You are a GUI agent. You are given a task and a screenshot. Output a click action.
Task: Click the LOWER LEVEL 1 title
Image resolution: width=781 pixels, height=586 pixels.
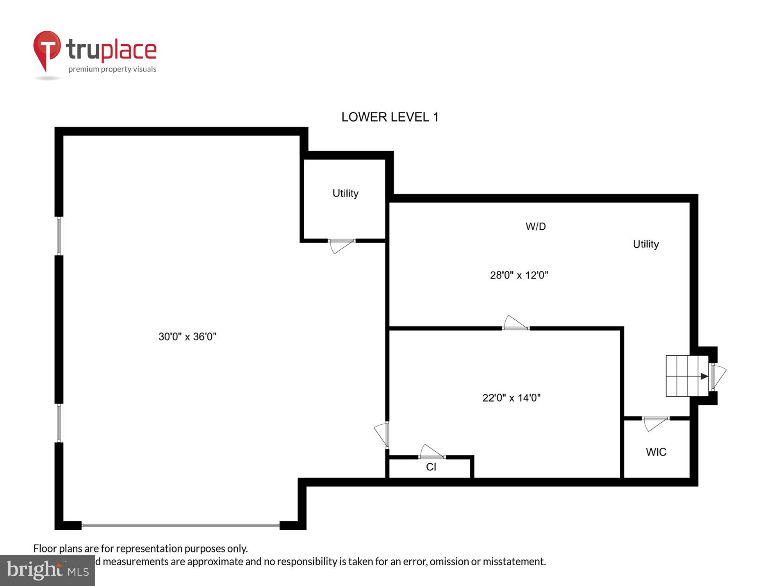click(390, 117)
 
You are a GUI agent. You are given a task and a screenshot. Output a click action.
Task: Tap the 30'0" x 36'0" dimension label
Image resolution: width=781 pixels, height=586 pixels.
click(187, 336)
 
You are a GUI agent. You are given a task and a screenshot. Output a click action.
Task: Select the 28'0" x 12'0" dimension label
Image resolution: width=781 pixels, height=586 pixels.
click(519, 275)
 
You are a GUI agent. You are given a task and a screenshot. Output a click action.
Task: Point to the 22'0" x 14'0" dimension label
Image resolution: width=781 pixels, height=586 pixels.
click(511, 398)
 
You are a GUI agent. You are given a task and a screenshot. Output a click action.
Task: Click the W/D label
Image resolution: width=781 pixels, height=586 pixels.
click(535, 226)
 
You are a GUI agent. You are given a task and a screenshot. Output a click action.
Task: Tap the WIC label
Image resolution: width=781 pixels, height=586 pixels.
click(656, 452)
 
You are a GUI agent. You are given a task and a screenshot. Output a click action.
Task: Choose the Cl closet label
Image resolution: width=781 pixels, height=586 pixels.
click(431, 467)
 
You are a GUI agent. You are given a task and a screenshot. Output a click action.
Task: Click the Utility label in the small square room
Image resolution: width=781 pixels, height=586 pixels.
click(345, 193)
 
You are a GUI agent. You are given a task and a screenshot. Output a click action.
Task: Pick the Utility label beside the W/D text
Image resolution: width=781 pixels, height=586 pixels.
click(645, 244)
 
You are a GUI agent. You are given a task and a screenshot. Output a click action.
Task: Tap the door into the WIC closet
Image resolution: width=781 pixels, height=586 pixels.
click(656, 423)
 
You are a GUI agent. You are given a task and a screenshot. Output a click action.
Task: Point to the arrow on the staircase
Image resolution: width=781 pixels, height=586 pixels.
click(704, 376)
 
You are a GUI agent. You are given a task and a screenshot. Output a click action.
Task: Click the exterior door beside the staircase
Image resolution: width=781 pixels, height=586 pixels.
click(718, 377)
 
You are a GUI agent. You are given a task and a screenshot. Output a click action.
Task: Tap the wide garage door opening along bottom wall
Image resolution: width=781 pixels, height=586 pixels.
click(180, 525)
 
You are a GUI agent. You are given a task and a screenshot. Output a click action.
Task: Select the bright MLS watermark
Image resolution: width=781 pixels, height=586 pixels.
click(48, 570)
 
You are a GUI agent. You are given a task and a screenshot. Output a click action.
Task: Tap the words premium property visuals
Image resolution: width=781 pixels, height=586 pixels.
click(112, 69)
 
